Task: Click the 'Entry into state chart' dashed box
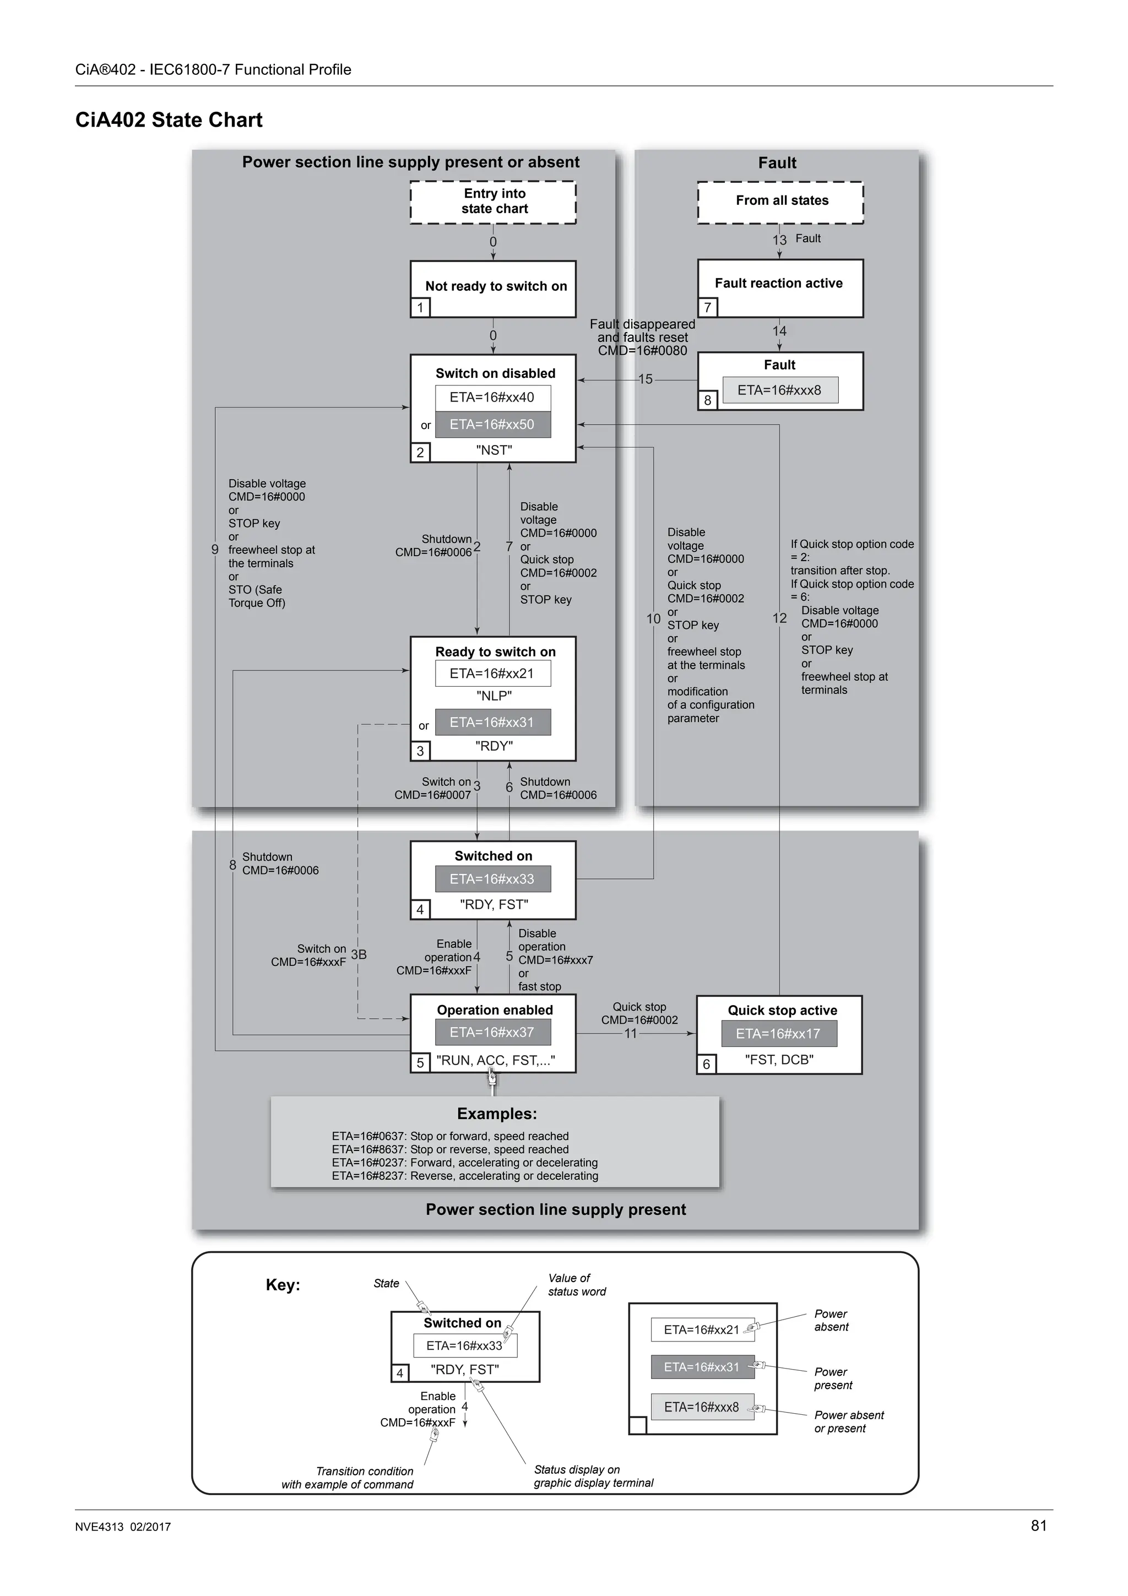493,202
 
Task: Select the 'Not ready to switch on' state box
493,288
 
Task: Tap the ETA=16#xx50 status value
493,425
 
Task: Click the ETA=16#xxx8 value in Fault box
780,390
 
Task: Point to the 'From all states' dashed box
780,202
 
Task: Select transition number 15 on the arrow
646,379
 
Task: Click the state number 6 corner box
707,1064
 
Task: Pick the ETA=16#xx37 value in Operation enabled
493,1032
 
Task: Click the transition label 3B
359,954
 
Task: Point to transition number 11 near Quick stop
631,1034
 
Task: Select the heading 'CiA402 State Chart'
169,120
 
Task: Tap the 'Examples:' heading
497,1114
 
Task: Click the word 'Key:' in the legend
283,1285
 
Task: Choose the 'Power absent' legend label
831,1320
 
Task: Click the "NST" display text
494,450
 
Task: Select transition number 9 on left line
215,550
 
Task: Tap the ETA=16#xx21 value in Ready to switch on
493,674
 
